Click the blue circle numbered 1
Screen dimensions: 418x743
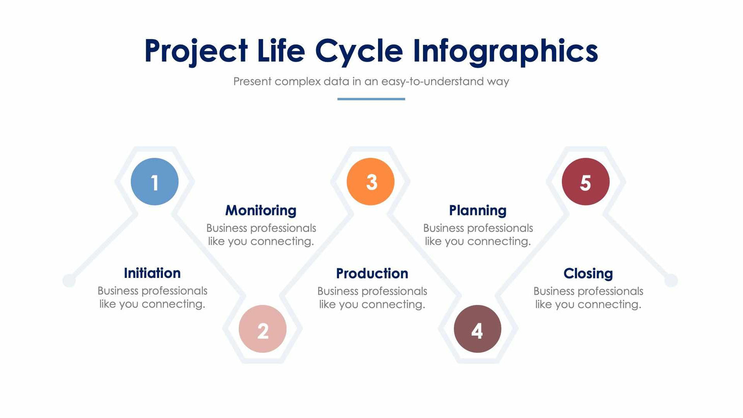[155, 182]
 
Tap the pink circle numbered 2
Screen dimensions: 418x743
[263, 329]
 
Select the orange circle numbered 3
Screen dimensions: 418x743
[370, 182]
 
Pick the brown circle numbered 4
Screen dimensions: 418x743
[477, 329]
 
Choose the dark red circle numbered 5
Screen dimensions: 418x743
[586, 182]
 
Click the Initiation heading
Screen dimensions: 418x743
[152, 273]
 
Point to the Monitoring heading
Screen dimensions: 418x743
[261, 210]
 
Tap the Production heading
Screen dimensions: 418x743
[372, 273]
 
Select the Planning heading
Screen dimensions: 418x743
[477, 210]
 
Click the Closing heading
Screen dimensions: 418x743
[588, 273]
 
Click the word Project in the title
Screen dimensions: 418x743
[196, 51]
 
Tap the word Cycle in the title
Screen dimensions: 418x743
[359, 51]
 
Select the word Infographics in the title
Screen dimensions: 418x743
[505, 51]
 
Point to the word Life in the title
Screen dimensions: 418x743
[281, 51]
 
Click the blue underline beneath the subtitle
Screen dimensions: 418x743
[371, 99]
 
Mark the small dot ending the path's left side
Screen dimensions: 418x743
[69, 281]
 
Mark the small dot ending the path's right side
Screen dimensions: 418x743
[671, 281]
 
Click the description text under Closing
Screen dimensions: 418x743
[588, 298]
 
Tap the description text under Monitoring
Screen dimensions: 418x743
[261, 235]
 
